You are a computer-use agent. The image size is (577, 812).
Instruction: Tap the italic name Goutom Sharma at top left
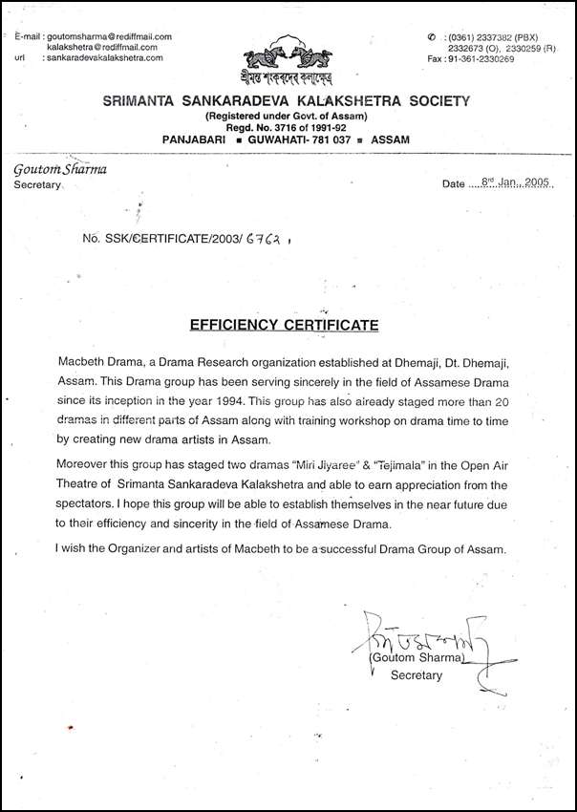click(60, 169)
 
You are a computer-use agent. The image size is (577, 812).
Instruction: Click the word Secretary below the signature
click(417, 675)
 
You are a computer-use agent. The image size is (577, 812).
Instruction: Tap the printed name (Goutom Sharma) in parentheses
click(417, 658)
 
